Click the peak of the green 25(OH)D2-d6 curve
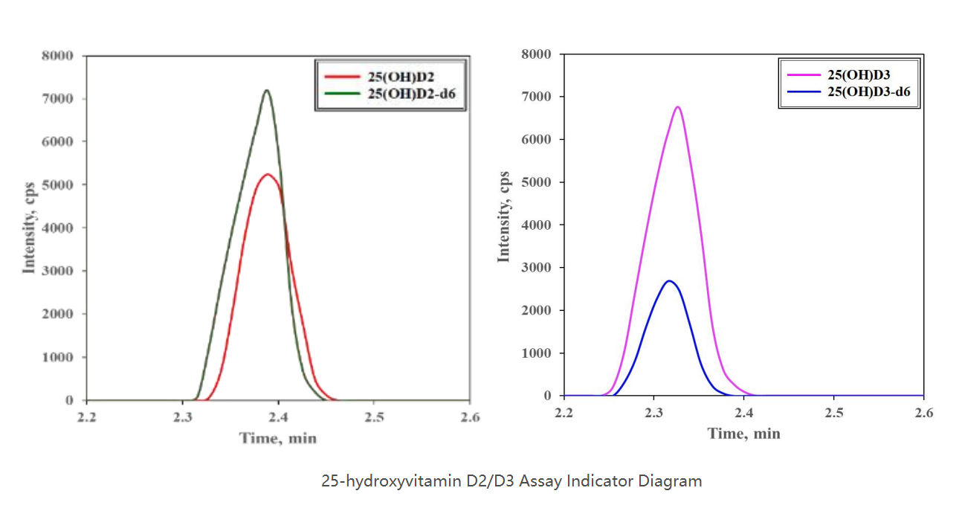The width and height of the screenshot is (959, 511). click(266, 91)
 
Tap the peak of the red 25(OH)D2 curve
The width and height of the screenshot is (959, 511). click(268, 175)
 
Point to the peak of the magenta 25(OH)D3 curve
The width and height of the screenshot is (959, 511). click(677, 107)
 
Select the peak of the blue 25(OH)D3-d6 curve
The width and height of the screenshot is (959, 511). click(669, 281)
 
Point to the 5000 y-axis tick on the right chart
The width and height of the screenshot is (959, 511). click(536, 182)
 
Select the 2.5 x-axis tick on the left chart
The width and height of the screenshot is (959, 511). click(374, 417)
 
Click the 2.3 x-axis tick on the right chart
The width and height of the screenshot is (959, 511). click(654, 413)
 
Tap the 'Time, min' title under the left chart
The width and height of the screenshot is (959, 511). click(278, 438)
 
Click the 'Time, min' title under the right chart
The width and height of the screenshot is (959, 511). click(743, 434)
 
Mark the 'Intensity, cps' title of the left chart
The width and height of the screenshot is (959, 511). click(30, 228)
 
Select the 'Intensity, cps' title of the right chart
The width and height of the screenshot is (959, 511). click(505, 216)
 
